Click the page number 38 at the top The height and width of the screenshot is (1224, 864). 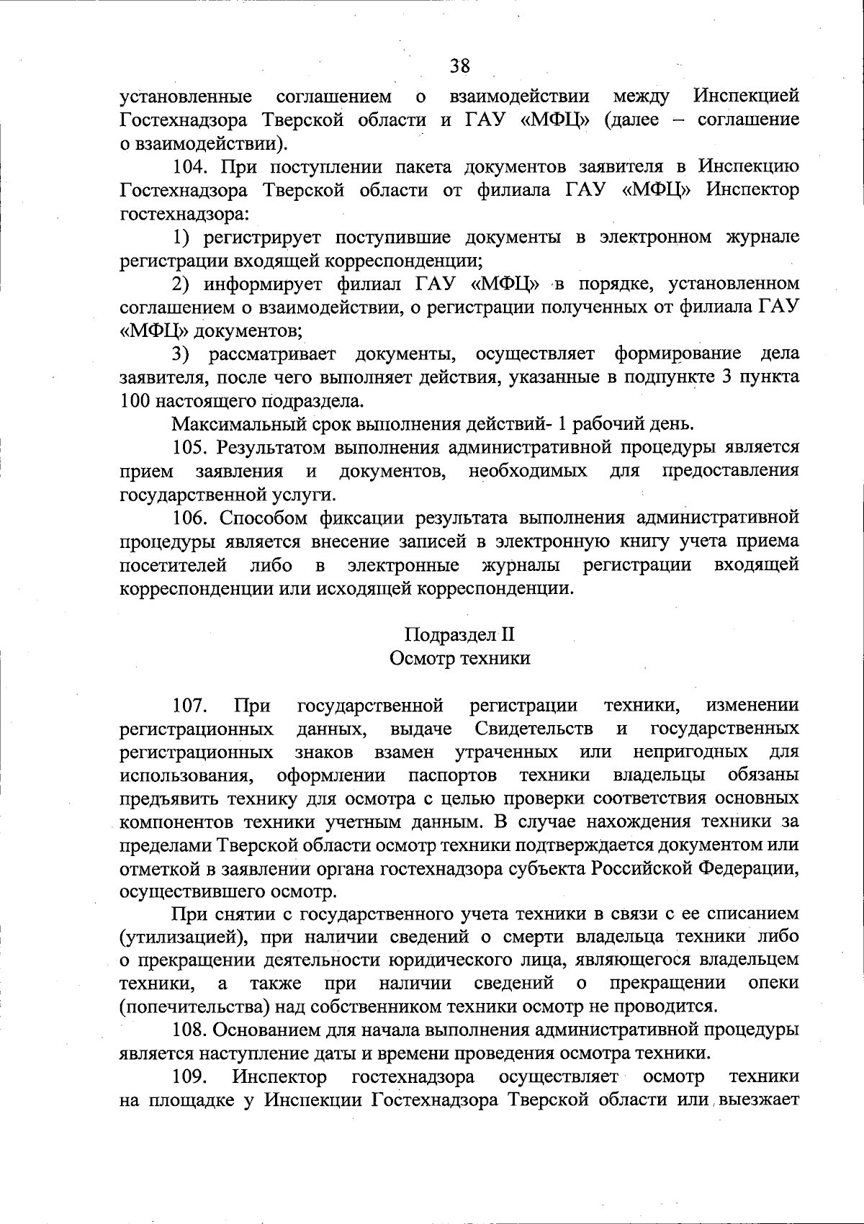pos(459,66)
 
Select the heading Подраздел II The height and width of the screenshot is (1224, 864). pos(459,635)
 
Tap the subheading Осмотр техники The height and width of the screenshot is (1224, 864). pos(459,658)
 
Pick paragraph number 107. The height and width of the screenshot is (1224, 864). pos(189,705)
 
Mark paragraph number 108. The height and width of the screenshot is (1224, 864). pos(189,1030)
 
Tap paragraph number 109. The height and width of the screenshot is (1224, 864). pos(189,1077)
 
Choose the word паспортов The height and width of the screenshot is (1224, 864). pos(452,775)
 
